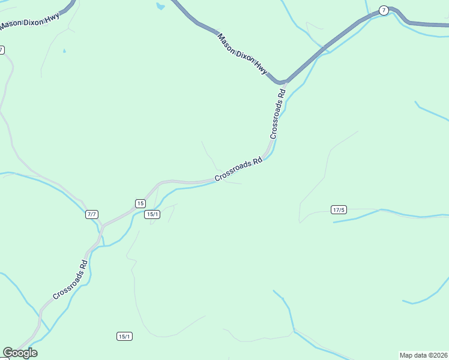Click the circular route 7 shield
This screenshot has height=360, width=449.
click(384, 11)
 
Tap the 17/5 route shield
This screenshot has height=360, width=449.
click(339, 209)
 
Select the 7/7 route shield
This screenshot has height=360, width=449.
click(92, 214)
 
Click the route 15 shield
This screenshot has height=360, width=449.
click(140, 203)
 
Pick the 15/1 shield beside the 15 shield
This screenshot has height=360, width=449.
click(152, 214)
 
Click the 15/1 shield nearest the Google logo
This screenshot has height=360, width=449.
click(124, 336)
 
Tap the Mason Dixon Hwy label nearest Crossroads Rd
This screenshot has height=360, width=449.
click(243, 54)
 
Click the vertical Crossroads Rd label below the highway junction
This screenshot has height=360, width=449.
click(277, 114)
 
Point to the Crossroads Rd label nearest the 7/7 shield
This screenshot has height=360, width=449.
click(70, 279)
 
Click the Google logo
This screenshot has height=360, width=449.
click(20, 352)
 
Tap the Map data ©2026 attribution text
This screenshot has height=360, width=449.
click(423, 355)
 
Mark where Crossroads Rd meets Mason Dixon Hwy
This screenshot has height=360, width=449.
click(282, 82)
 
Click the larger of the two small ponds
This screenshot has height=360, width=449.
click(160, 7)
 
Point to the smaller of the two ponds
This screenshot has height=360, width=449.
click(64, 51)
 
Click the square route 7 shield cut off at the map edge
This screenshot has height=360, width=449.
click(2, 50)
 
